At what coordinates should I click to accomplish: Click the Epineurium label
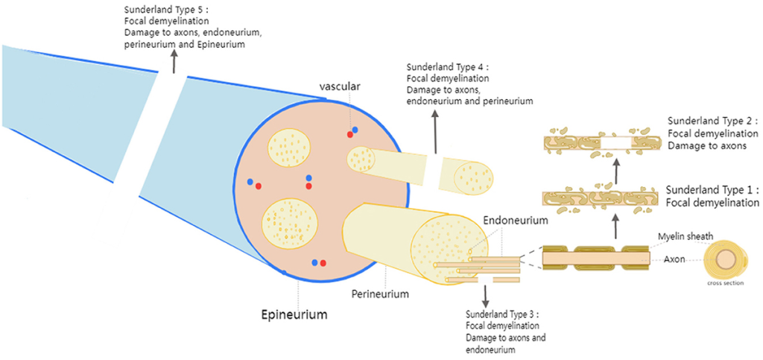(x=294, y=315)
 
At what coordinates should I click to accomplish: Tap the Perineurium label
(x=380, y=294)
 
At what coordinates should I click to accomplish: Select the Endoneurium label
(x=516, y=221)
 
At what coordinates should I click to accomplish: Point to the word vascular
(x=340, y=86)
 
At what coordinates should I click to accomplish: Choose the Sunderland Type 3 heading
(x=501, y=314)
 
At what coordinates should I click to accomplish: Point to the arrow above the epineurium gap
(x=174, y=63)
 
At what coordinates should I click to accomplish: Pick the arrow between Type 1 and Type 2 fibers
(x=615, y=172)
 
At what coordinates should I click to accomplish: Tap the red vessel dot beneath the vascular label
(x=349, y=134)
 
